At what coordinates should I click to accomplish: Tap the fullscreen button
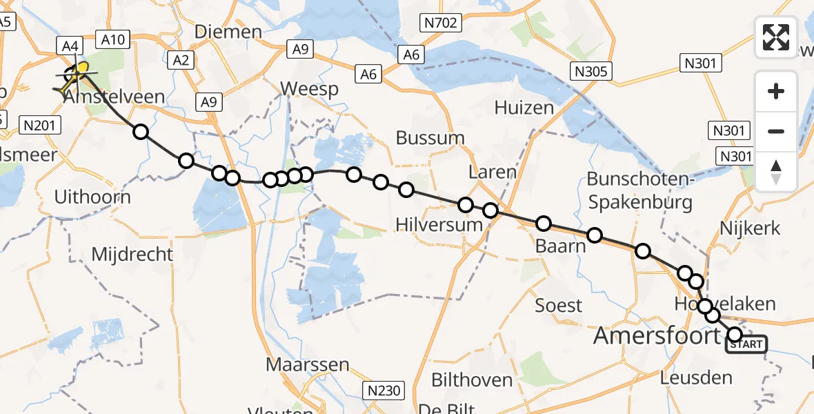[x=776, y=37]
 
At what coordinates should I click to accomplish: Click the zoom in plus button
[x=776, y=91]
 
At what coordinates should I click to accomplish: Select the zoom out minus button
[x=776, y=131]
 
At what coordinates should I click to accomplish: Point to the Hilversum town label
[x=439, y=224]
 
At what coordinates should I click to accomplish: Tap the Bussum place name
[x=430, y=137]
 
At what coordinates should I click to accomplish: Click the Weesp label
[x=309, y=89]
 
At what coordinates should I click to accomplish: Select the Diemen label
[x=228, y=31]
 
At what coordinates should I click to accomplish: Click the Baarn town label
[x=556, y=246]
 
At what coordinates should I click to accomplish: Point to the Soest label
[x=559, y=305]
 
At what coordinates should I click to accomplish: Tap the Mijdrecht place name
[x=132, y=254]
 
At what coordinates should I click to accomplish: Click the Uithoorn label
[x=92, y=197]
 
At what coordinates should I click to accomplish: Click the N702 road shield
[x=441, y=23]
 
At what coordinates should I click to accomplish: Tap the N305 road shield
[x=592, y=70]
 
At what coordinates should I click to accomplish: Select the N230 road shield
[x=384, y=391]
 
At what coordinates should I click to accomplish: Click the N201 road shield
[x=42, y=125]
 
